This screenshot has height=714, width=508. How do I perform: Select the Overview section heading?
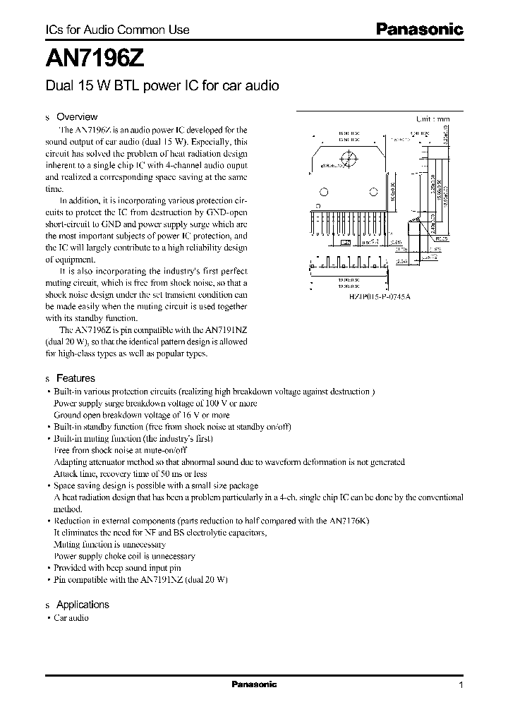tap(76, 116)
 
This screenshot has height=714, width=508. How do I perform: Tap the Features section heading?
tap(75, 378)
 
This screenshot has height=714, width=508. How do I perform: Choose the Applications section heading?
tap(83, 605)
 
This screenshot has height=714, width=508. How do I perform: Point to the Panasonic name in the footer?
tap(254, 684)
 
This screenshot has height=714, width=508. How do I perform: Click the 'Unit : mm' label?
tap(432, 119)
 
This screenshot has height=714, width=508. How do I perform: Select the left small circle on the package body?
tap(324, 191)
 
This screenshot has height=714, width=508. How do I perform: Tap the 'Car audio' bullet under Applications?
tap(71, 618)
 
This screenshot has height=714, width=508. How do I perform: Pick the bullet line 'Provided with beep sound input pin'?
tap(117, 567)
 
